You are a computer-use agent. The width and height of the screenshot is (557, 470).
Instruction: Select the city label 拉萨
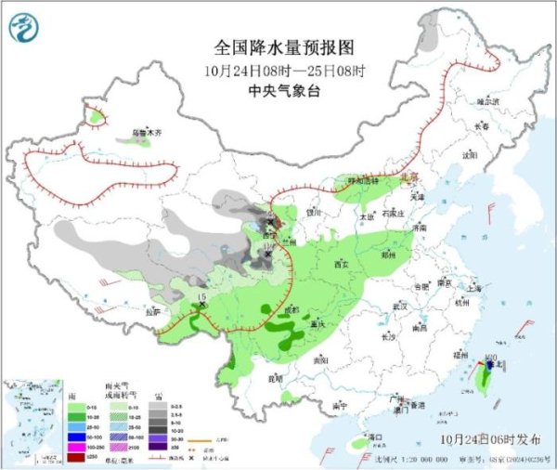[151, 311]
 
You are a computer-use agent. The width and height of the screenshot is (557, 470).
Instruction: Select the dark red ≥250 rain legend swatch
[69, 455]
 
